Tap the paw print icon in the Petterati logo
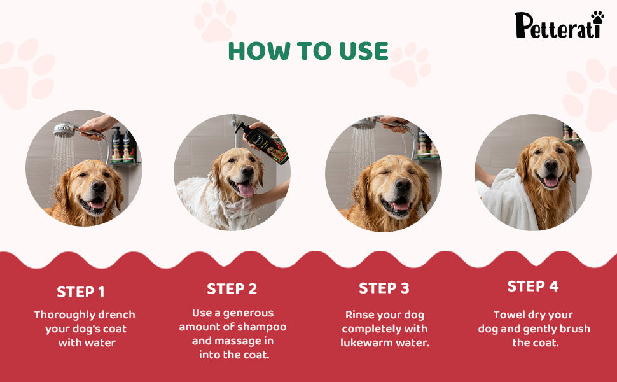pyautogui.click(x=597, y=17)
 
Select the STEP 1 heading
pyautogui.click(x=81, y=292)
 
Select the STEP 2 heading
pyautogui.click(x=232, y=288)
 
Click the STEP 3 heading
pyautogui.click(x=384, y=288)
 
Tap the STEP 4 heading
pyautogui.click(x=533, y=286)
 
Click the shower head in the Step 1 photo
pyautogui.click(x=64, y=130)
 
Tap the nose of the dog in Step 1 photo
pyautogui.click(x=99, y=185)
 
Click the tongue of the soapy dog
pyautogui.click(x=247, y=190)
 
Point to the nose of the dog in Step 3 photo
pyautogui.click(x=403, y=184)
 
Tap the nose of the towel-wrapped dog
pyautogui.click(x=551, y=165)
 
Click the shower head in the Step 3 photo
pyautogui.click(x=364, y=125)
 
